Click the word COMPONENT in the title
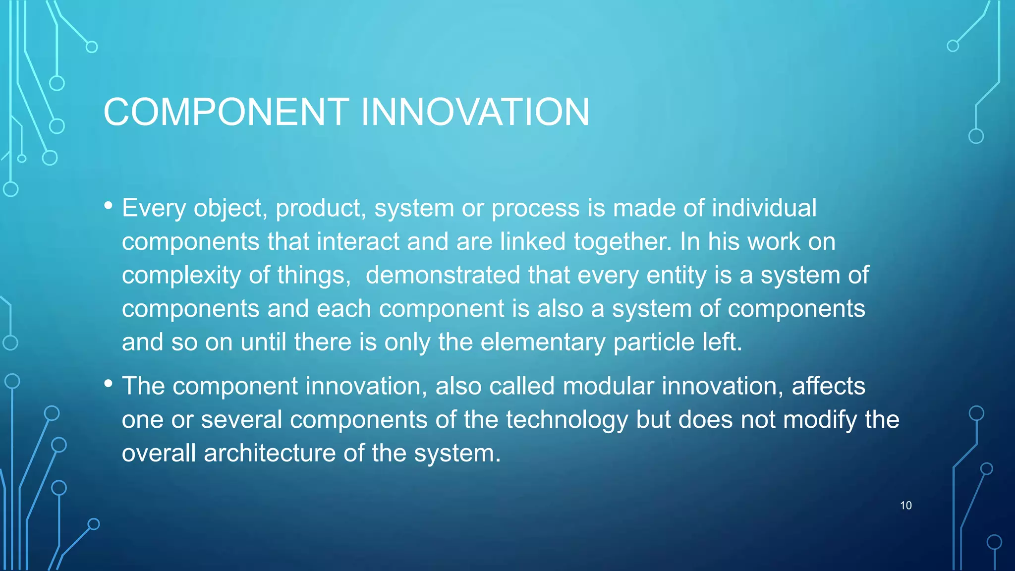click(226, 112)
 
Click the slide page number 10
click(905, 506)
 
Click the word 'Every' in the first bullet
click(154, 208)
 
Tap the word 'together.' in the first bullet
click(622, 242)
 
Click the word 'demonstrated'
click(443, 275)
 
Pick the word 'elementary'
click(543, 343)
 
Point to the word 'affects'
click(828, 386)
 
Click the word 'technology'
click(567, 420)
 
